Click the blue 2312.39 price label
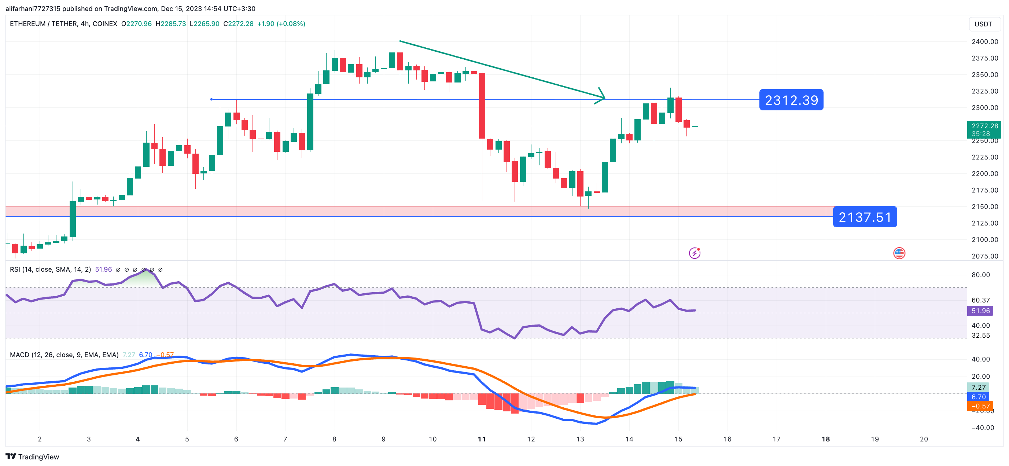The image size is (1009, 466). tap(791, 100)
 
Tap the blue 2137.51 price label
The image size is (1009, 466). tap(865, 217)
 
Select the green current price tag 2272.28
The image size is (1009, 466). tap(984, 126)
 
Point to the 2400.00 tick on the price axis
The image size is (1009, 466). tap(985, 41)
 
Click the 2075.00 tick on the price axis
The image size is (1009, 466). tap(985, 256)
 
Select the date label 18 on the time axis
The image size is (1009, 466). tap(825, 439)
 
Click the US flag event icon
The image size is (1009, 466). tap(899, 253)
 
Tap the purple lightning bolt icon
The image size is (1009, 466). tap(695, 253)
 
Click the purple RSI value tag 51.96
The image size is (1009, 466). tap(980, 311)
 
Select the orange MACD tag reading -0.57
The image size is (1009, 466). tap(980, 406)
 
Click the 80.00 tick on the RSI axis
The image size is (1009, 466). tap(980, 275)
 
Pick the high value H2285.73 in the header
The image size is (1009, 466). tap(171, 24)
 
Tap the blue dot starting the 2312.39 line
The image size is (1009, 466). tap(211, 99)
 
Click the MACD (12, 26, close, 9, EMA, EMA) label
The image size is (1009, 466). tap(64, 355)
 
